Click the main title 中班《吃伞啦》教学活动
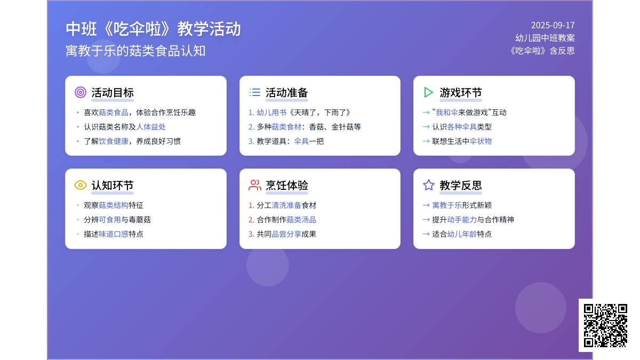153,29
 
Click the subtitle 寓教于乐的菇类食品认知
135,51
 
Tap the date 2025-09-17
553,25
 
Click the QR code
605,325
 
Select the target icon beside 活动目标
81,92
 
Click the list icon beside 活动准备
255,92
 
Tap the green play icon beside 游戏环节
429,92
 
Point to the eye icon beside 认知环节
81,185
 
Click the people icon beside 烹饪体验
255,185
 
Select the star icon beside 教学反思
429,185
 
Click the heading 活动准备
287,93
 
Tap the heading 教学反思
461,186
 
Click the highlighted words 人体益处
151,127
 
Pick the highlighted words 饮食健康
114,141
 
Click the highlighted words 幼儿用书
271,113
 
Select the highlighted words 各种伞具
462,127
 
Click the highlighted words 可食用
110,220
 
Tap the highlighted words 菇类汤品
301,220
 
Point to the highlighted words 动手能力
462,220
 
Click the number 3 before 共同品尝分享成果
251,234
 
